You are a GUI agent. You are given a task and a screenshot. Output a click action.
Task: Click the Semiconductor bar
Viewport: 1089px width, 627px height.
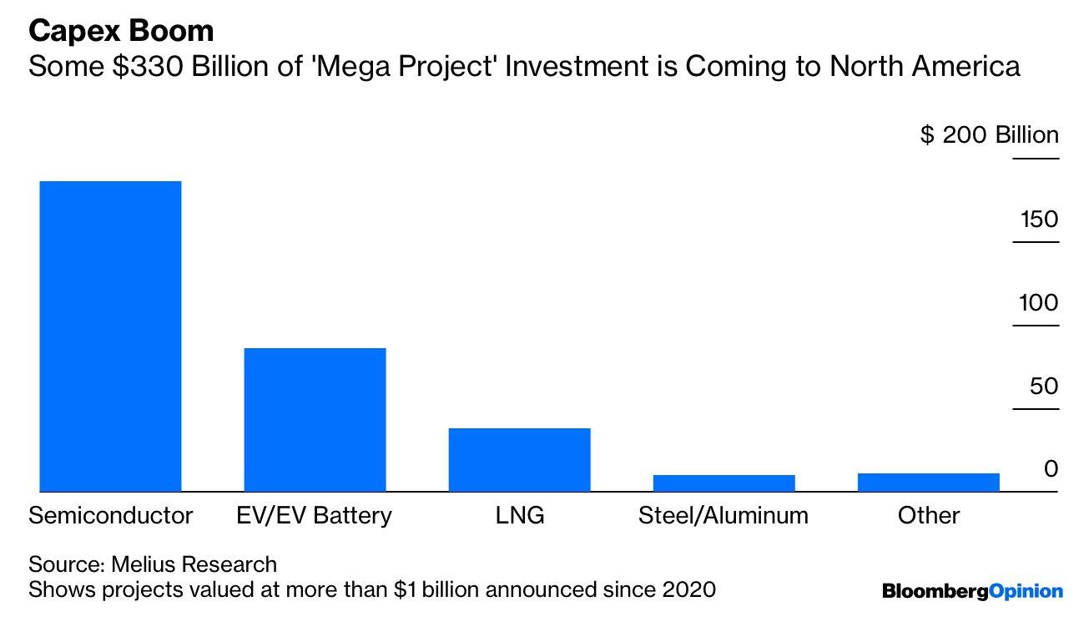tap(111, 336)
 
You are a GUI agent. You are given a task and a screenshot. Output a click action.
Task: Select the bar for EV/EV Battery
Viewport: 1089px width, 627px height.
tap(315, 419)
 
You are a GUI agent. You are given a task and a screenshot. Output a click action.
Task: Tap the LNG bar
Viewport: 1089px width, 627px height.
tap(519, 459)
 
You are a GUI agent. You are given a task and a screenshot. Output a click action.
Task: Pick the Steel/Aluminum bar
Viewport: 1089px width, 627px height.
tap(723, 483)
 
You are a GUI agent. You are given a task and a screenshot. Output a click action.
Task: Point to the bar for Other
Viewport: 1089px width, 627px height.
tap(928, 482)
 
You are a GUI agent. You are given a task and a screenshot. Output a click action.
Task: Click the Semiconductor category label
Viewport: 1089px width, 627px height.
tap(111, 515)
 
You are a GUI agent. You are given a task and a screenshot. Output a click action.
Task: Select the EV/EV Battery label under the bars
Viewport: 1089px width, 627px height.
tap(315, 515)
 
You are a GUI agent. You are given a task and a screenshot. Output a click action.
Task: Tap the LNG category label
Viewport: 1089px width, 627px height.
tap(519, 515)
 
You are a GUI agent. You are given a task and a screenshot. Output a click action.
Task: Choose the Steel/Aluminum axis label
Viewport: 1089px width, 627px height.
tap(723, 515)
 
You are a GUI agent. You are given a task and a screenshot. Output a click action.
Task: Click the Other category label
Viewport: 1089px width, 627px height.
tap(928, 515)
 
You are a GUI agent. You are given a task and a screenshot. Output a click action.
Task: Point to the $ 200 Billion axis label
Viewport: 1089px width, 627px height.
tap(989, 135)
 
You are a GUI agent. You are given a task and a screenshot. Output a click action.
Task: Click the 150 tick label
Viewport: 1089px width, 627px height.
tap(1038, 220)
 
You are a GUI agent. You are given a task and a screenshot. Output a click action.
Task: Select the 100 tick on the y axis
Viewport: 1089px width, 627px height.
tap(1038, 302)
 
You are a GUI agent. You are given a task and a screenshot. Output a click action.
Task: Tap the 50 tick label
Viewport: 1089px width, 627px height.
tap(1042, 386)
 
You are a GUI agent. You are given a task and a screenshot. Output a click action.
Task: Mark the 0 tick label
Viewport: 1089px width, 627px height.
tap(1051, 469)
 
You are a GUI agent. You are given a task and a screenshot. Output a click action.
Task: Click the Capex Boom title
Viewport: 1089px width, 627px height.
tap(121, 32)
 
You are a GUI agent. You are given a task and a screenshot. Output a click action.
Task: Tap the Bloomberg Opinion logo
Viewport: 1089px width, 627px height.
tap(972, 591)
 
